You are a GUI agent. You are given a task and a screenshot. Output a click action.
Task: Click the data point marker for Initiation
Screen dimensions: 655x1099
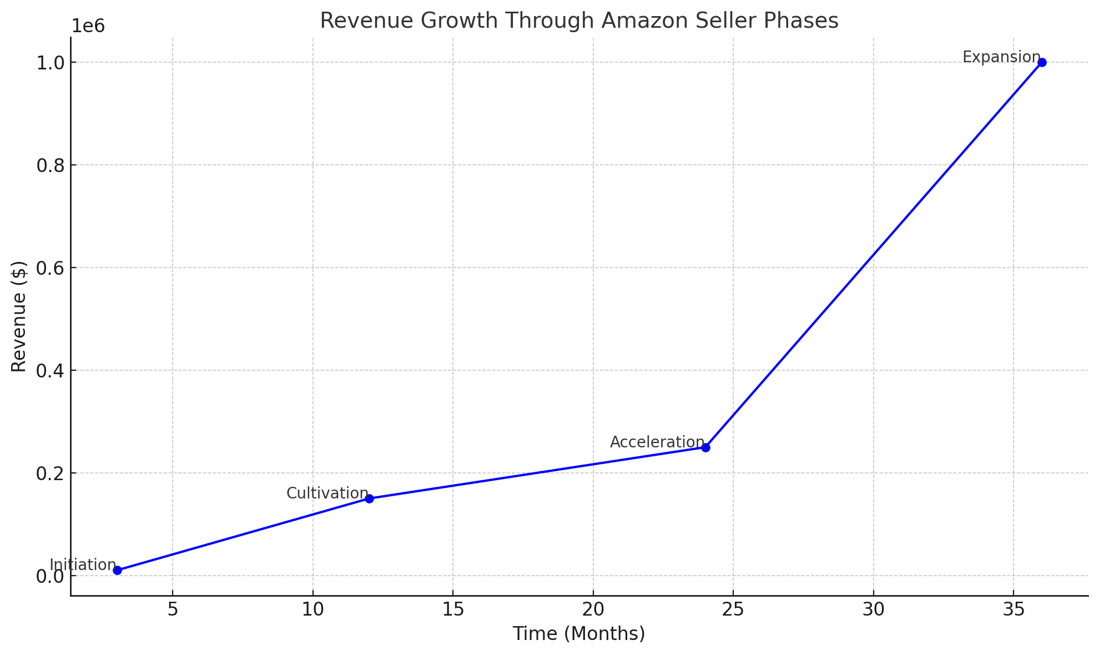coord(117,570)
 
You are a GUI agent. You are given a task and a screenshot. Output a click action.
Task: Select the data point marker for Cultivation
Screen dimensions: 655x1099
coord(369,498)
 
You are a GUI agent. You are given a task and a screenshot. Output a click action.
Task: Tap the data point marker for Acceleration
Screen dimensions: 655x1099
coord(705,447)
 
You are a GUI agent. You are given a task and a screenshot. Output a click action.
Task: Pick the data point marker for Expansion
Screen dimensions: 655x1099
coord(1042,62)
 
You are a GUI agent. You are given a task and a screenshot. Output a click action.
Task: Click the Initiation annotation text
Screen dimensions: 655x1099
coord(83,565)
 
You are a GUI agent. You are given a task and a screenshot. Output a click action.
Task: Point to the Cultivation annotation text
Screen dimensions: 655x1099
coord(327,493)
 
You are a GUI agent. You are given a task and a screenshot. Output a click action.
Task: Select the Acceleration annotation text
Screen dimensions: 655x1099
coord(657,442)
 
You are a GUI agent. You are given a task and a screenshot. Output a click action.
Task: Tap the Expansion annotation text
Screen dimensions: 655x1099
coord(1001,57)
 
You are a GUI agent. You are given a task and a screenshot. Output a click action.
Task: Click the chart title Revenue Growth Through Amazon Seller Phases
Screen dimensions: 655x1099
coord(579,21)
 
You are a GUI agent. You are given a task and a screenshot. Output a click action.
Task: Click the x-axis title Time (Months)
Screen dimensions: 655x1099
coord(579,633)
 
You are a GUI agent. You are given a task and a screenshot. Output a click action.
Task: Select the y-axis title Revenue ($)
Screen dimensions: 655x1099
coord(19,316)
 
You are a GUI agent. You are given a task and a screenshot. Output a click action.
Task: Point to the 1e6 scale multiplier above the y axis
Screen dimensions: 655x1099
coord(88,26)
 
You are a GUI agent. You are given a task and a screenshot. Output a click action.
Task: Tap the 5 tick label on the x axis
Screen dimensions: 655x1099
coord(173,609)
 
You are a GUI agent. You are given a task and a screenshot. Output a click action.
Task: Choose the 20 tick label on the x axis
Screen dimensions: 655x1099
coord(593,609)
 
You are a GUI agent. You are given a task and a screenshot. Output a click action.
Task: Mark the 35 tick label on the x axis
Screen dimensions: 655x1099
coord(1014,609)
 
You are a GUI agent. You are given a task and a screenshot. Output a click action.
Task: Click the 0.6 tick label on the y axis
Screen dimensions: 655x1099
coord(50,268)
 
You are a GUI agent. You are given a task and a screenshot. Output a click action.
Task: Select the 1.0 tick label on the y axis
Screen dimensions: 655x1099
coord(50,63)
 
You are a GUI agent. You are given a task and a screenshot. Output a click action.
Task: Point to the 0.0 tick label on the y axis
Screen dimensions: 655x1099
coord(50,576)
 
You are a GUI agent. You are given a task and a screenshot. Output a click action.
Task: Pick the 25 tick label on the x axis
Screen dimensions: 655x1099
coord(733,609)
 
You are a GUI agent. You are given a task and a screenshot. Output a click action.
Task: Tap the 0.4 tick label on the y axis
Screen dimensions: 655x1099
coord(50,371)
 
